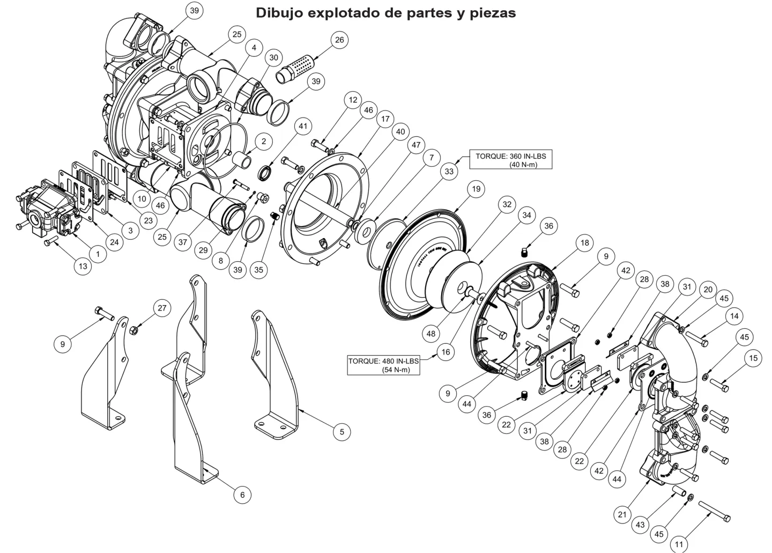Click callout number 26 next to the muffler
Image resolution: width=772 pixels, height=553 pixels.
click(339, 40)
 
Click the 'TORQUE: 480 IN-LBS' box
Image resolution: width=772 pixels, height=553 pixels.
click(383, 365)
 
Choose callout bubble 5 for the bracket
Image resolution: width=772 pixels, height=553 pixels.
click(342, 431)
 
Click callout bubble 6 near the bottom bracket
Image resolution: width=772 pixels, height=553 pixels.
click(242, 495)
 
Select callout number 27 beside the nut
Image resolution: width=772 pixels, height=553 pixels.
click(162, 308)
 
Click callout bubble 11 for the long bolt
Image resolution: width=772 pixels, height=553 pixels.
click(679, 544)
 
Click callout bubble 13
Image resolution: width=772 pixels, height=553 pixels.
click(83, 265)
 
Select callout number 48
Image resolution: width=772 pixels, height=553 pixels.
click(431, 334)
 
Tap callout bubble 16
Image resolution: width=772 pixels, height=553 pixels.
click(446, 352)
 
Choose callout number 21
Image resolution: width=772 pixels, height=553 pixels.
click(622, 514)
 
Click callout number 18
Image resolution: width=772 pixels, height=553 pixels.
click(584, 243)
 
